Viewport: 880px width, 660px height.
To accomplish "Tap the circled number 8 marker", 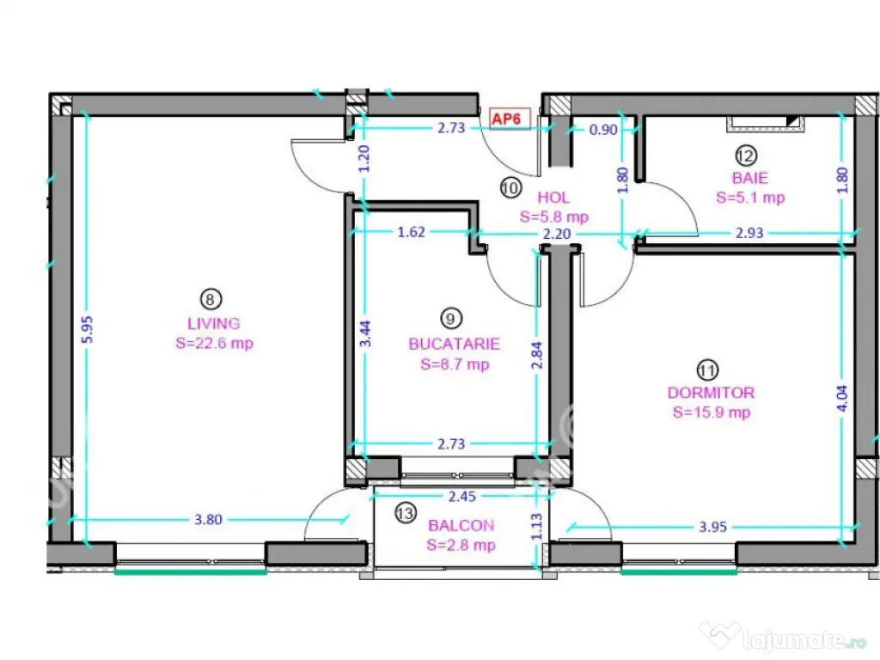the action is click(211, 299).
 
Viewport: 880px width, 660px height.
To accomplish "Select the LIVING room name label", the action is click(214, 324).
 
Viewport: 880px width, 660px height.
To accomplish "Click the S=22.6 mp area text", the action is click(214, 343).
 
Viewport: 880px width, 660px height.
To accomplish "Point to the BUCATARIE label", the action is click(454, 344).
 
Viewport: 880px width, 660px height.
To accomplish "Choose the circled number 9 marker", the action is click(450, 319).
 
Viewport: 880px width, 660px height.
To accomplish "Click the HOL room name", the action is click(553, 198).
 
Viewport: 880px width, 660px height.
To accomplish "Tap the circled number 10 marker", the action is click(510, 188).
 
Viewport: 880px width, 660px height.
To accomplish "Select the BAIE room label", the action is click(749, 179).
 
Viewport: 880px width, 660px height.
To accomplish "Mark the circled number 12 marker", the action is click(746, 156).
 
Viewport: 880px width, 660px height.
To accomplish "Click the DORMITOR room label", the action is click(711, 393).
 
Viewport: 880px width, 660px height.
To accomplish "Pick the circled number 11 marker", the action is click(707, 370).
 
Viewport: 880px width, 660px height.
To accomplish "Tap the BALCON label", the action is click(461, 525).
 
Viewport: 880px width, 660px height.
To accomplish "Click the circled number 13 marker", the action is click(406, 513).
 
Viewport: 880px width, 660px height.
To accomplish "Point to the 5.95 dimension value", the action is click(88, 329).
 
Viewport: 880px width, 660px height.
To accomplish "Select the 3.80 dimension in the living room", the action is click(208, 520).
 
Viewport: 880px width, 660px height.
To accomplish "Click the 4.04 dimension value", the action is click(842, 399).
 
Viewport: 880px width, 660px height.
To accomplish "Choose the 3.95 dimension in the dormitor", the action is click(712, 527).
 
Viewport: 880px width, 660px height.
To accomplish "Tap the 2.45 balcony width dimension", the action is click(461, 497).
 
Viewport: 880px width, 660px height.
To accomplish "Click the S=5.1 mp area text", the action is click(750, 198).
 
